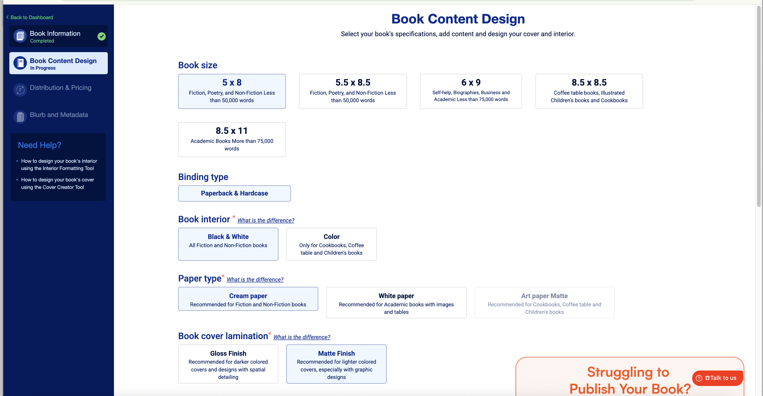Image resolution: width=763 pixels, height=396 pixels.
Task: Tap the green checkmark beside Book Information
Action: (102, 36)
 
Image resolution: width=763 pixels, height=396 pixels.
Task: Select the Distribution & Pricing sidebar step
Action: (60, 88)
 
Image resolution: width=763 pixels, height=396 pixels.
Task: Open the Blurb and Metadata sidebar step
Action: (59, 115)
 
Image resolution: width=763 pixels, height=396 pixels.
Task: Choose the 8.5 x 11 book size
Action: (232, 140)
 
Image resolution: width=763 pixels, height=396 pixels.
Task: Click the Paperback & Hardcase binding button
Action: (234, 193)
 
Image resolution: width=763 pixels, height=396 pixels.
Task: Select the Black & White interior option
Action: (228, 244)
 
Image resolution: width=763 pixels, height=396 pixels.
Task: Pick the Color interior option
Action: (331, 244)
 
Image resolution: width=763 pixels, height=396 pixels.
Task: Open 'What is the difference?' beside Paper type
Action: (255, 279)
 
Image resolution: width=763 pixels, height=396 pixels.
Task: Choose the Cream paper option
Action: (248, 299)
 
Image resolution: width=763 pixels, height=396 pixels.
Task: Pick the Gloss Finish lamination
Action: (228, 364)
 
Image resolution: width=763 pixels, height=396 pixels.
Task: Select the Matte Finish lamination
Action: (336, 364)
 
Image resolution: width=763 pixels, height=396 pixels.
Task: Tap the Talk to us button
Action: (717, 378)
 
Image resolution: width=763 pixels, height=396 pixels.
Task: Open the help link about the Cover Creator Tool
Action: (57, 183)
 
